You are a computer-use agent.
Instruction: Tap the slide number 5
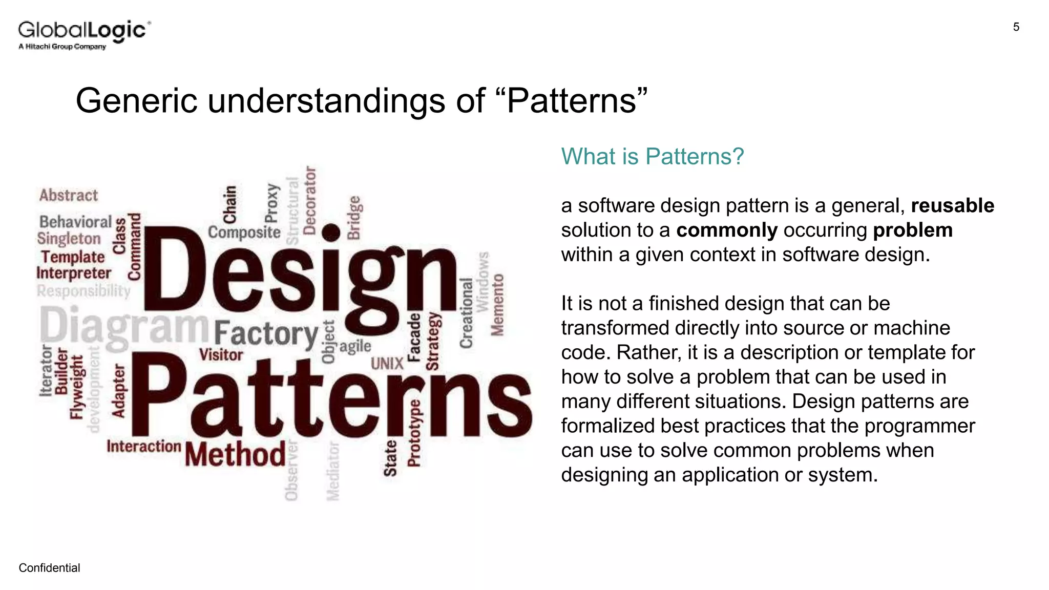(x=1016, y=27)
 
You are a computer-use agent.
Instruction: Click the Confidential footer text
(x=49, y=568)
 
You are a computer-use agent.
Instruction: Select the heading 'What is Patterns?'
(x=652, y=156)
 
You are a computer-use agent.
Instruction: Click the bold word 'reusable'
(x=952, y=205)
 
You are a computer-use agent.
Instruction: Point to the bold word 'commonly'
(x=726, y=230)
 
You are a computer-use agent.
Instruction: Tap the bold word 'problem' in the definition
(x=912, y=230)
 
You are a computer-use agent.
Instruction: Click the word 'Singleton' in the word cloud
(x=69, y=239)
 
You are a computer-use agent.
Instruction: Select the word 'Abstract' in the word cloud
(x=69, y=195)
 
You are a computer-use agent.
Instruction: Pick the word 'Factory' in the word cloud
(x=266, y=334)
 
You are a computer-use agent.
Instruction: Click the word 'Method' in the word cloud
(x=235, y=455)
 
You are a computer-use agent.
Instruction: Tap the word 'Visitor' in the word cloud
(x=221, y=354)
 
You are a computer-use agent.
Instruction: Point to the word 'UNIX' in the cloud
(x=387, y=364)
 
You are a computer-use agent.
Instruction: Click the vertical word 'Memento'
(x=497, y=305)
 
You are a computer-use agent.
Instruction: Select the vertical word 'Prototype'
(x=414, y=433)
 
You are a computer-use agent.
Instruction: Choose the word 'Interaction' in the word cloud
(x=143, y=447)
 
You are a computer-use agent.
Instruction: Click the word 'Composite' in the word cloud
(x=244, y=233)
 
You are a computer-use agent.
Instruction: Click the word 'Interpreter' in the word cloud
(x=74, y=273)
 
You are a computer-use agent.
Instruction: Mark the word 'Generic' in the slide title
(x=136, y=100)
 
